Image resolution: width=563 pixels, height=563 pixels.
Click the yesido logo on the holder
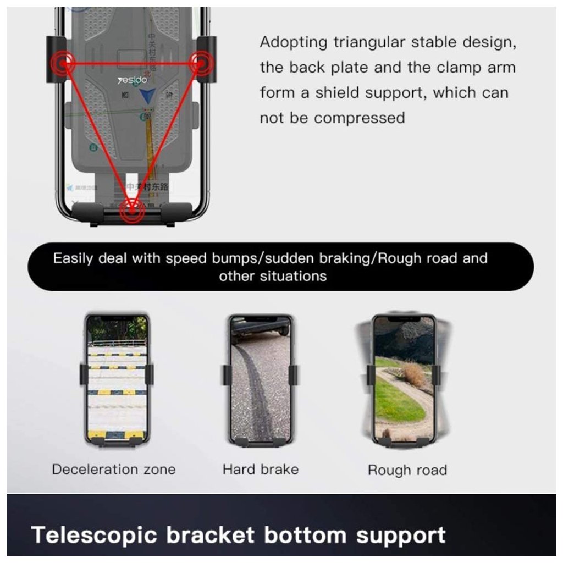point(132,80)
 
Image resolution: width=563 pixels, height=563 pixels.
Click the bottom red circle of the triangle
point(132,209)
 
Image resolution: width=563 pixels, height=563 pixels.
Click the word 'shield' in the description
point(339,93)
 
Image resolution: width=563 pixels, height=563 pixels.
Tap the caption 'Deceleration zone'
point(114,470)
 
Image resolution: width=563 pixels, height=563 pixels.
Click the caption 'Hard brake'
point(261,470)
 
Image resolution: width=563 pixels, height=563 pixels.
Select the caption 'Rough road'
point(407,471)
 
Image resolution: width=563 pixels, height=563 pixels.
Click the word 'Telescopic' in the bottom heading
point(95,535)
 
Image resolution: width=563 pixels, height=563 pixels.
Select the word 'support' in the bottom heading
point(400,535)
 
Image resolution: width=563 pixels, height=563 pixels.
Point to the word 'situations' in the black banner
point(293,276)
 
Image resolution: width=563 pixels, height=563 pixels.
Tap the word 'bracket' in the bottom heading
point(211,535)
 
